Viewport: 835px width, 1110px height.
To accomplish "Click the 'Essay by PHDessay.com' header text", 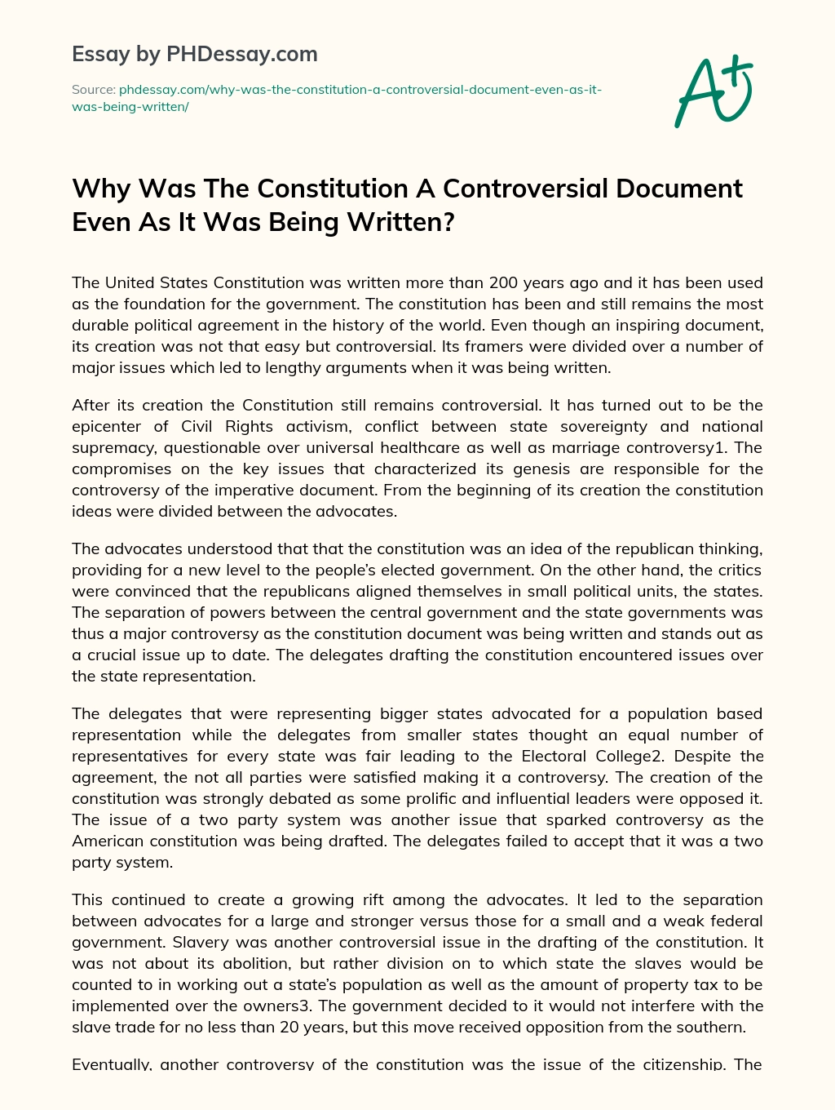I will [x=194, y=55].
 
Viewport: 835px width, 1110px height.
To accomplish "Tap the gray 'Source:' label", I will [x=93, y=90].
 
